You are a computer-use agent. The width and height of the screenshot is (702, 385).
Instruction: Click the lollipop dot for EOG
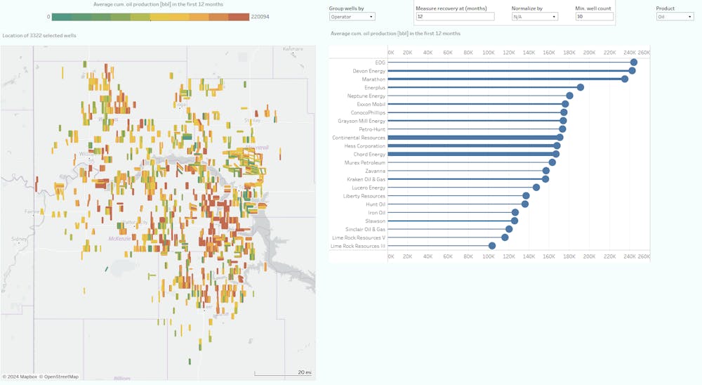(633, 63)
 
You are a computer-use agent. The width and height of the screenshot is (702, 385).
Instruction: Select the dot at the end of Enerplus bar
(580, 88)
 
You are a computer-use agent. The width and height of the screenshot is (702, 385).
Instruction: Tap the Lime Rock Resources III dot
(492, 246)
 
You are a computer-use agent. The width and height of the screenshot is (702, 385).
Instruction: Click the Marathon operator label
(373, 79)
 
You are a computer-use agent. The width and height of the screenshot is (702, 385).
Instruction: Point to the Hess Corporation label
(364, 146)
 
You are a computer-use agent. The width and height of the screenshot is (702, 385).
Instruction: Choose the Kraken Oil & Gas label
(366, 179)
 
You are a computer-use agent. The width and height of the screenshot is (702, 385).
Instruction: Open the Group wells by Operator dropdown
(352, 16)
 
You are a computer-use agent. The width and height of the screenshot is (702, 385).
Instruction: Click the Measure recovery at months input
(455, 16)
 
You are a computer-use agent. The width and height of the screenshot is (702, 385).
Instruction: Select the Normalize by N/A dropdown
(534, 16)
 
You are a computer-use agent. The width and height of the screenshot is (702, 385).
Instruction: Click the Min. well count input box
(594, 16)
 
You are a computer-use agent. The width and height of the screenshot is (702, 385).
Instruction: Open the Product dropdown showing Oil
(675, 16)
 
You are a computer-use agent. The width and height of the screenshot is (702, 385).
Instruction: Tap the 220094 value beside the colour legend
(260, 17)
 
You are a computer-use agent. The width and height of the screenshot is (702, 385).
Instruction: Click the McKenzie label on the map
(119, 238)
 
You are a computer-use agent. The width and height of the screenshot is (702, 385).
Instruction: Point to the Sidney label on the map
(19, 239)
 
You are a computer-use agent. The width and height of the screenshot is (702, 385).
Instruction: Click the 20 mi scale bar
(284, 373)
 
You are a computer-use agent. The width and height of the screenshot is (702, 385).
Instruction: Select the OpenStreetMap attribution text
(60, 377)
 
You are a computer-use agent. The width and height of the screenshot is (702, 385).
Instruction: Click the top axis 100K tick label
(488, 53)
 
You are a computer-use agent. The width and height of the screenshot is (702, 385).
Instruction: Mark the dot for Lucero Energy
(536, 188)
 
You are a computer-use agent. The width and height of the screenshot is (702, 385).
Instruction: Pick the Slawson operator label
(375, 221)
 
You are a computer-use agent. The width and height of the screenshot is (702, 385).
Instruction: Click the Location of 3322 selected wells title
(39, 35)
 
